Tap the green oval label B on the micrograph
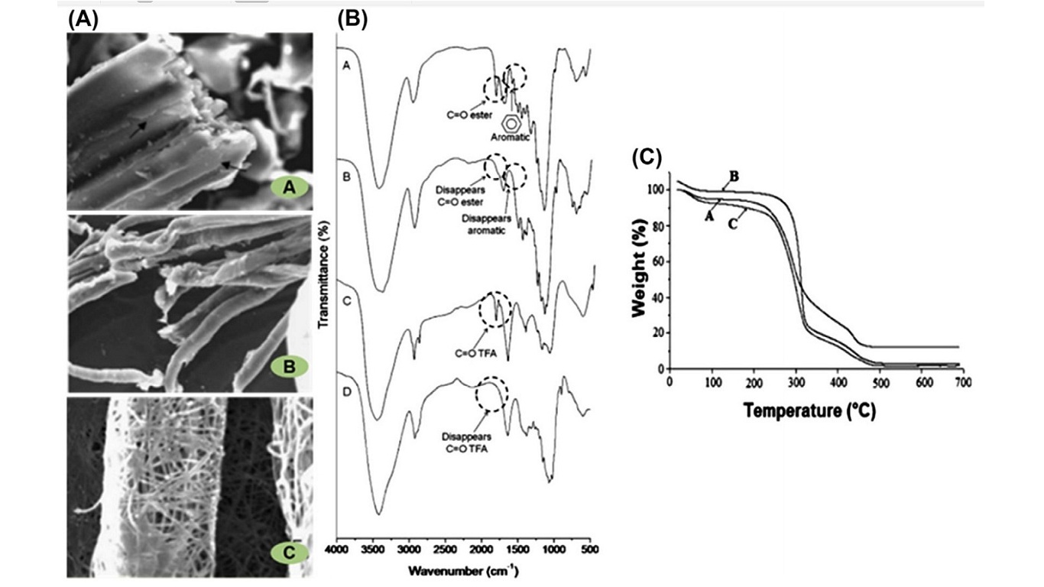point(290,367)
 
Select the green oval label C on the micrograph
point(289,550)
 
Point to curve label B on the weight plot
point(733,177)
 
